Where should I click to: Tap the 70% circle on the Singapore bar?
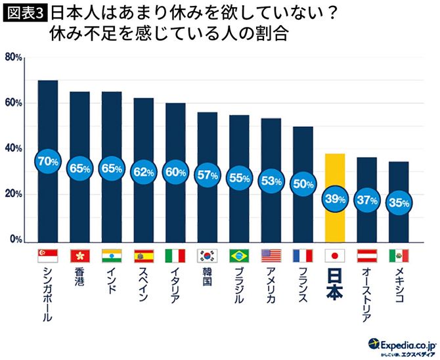click(x=48, y=160)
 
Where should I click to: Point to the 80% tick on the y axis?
click(x=14, y=58)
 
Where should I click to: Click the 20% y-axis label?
click(x=14, y=194)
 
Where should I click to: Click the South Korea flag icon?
click(x=208, y=255)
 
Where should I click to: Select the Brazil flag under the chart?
click(x=239, y=255)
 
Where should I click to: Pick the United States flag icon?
click(x=271, y=255)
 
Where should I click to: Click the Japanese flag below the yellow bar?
click(x=335, y=255)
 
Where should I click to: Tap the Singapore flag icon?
click(x=48, y=255)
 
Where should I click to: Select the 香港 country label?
click(x=80, y=280)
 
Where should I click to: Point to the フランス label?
click(x=303, y=286)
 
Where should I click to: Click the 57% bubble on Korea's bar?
click(x=208, y=175)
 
